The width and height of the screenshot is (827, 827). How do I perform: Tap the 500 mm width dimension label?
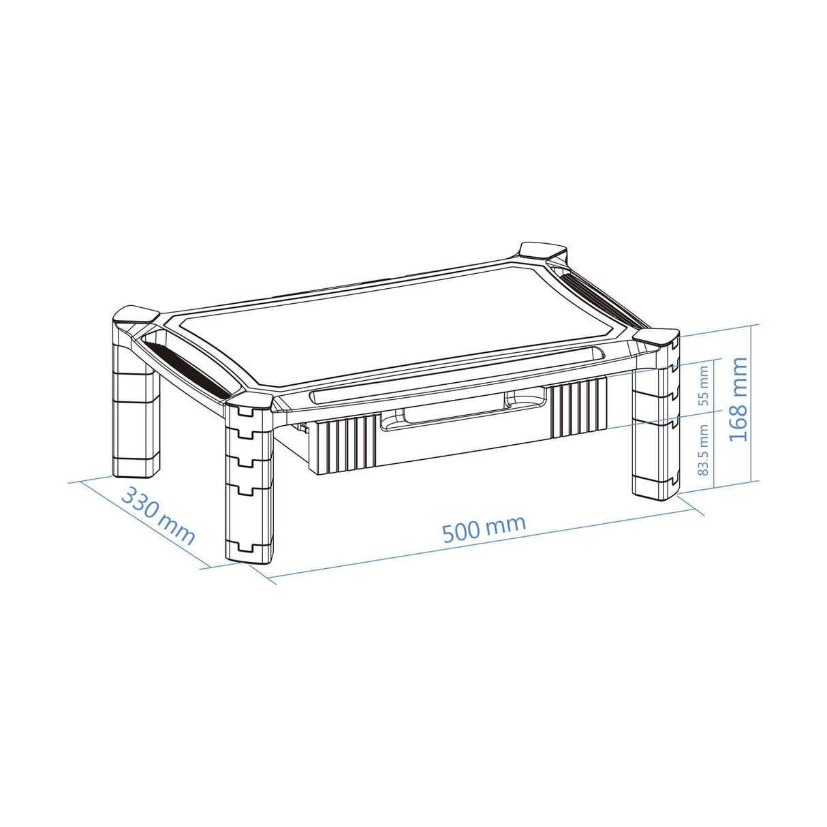click(484, 529)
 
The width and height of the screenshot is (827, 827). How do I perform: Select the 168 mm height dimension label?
click(738, 399)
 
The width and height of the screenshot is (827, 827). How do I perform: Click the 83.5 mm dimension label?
click(703, 450)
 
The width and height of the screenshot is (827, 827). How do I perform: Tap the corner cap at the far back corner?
click(543, 251)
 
